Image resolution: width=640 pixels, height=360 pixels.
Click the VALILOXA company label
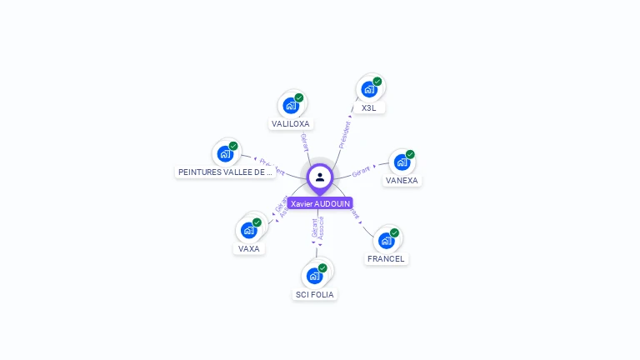[290, 124]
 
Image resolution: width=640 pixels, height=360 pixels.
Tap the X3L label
[368, 108]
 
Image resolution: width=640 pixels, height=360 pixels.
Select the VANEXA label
[402, 180]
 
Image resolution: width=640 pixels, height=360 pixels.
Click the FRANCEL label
[386, 259]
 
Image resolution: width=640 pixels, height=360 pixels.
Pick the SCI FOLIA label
[315, 295]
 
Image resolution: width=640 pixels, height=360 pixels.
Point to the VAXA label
[248, 249]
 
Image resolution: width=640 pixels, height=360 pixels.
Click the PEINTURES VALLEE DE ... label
[225, 172]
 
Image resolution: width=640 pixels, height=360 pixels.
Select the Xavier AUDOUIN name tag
[320, 203]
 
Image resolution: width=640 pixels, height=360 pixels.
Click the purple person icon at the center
[320, 177]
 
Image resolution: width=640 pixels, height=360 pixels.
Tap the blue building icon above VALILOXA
[290, 106]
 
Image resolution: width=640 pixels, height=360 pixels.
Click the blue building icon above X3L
[368, 89]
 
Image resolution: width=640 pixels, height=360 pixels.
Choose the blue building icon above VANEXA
[402, 162]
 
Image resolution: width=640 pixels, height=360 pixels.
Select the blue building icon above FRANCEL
[386, 240]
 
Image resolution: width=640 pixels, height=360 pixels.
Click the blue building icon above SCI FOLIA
[314, 276]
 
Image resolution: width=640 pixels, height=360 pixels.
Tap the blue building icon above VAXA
[248, 230]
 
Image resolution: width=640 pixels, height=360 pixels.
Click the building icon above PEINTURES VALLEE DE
[225, 153]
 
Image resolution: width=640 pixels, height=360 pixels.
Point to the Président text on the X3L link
[344, 134]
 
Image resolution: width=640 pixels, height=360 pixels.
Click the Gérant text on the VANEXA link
[361, 172]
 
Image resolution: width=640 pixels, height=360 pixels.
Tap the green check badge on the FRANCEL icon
[394, 232]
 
